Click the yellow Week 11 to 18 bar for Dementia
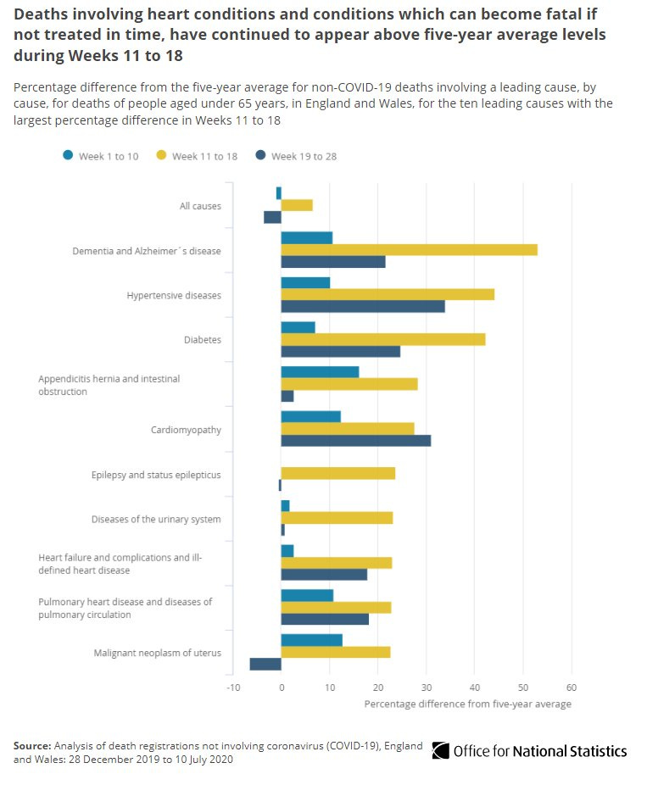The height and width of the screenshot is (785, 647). point(409,249)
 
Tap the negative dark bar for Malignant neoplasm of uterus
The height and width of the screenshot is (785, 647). point(265,664)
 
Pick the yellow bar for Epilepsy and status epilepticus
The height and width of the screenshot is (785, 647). point(337,474)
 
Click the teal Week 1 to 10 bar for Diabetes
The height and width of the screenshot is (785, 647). point(298,327)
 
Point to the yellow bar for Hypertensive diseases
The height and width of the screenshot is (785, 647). point(388,294)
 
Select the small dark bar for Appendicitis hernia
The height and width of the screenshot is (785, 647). point(287,396)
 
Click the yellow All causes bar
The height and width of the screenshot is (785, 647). point(297,205)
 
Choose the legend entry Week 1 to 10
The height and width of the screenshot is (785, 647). point(108,156)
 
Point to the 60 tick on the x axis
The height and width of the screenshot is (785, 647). point(572,688)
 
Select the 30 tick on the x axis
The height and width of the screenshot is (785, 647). point(427,688)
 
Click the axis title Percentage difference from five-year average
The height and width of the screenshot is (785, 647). point(467,704)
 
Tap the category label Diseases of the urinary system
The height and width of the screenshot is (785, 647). point(156,519)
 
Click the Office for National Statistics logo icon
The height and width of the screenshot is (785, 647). point(440,750)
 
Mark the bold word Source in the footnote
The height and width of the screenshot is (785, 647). point(31,745)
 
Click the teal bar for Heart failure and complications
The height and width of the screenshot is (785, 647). point(287,551)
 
